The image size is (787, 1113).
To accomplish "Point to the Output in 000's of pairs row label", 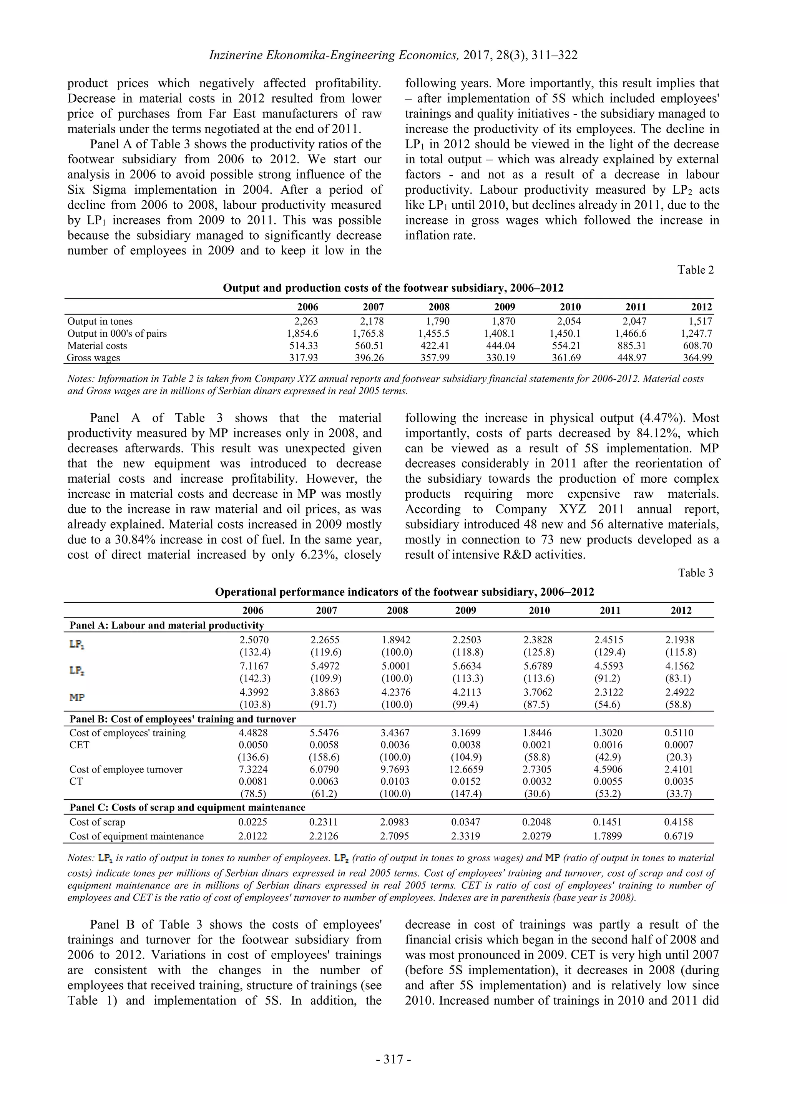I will click(117, 334).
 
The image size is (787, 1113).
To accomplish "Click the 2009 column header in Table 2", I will click(505, 307).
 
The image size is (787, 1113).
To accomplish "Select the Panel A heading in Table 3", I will click(167, 625).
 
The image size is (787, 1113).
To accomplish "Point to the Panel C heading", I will click(187, 807).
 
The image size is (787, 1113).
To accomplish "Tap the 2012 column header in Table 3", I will click(681, 610).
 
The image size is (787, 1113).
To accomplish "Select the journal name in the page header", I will click(334, 55).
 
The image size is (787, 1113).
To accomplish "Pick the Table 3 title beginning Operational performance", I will click(404, 592).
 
